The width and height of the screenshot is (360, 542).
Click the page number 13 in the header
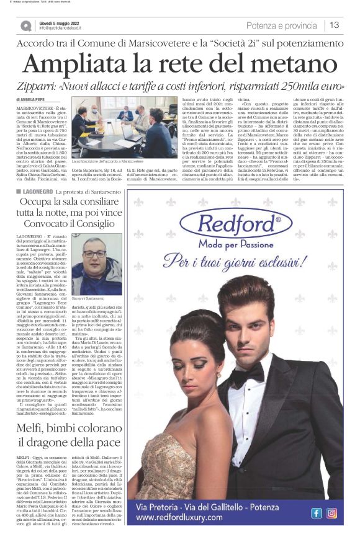[x=335, y=25]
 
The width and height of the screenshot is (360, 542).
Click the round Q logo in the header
[x=26, y=26]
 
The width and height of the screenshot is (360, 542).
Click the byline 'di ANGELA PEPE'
[x=30, y=99]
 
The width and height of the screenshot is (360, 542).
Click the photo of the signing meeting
[x=124, y=128]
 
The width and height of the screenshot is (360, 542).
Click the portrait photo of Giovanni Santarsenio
[x=96, y=264]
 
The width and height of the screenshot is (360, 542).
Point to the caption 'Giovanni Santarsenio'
[x=92, y=299]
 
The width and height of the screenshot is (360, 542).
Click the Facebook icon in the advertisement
[x=316, y=513]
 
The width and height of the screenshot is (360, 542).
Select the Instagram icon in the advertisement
[x=331, y=513]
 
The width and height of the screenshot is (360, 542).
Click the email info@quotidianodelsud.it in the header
[x=66, y=29]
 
